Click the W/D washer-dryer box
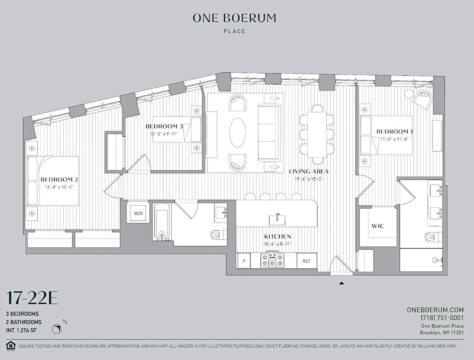pos(138,213)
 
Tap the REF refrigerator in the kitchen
pos(307,261)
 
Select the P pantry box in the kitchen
pos(244,261)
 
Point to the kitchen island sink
pos(277,220)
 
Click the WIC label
pos(378,226)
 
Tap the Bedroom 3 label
pos(164,126)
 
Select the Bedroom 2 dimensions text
pos(59,187)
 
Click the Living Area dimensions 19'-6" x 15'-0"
pos(309,179)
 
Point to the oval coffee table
pos(237,133)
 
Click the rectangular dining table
pos(317,134)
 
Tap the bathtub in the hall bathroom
pos(162,222)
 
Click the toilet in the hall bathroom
pos(218,235)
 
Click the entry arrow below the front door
pos(341,283)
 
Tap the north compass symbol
pos(57,329)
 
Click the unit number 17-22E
pos(32,298)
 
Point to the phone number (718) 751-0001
pos(442,318)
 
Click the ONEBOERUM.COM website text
pos(435,310)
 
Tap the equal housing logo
pos(11,346)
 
